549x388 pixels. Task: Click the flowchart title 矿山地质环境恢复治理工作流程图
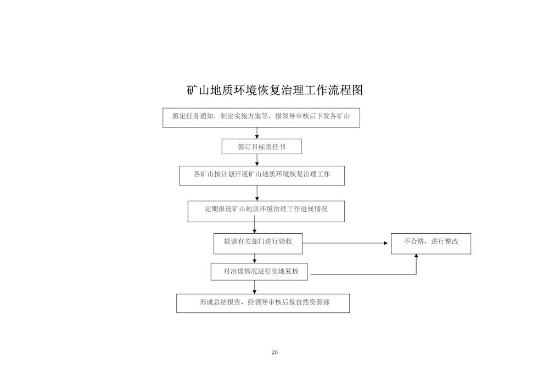pyautogui.click(x=274, y=90)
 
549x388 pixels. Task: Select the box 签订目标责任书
pyautogui.click(x=261, y=147)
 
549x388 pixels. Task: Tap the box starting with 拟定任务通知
pyautogui.click(x=261, y=117)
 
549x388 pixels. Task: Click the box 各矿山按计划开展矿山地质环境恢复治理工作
pyautogui.click(x=262, y=176)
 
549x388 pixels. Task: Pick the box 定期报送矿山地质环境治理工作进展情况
pyautogui.click(x=266, y=211)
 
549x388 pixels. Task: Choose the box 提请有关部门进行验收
pyautogui.click(x=258, y=244)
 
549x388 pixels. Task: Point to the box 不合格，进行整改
pyautogui.click(x=431, y=244)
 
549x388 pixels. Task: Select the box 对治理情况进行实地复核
pyautogui.click(x=259, y=272)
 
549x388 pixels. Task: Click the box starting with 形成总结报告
pyautogui.click(x=263, y=303)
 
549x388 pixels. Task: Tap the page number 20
pyautogui.click(x=274, y=352)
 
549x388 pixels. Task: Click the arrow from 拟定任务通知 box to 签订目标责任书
pyautogui.click(x=257, y=133)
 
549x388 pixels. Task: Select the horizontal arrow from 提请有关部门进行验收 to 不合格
pyautogui.click(x=345, y=243)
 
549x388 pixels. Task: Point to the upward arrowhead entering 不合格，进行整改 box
pyautogui.click(x=416, y=256)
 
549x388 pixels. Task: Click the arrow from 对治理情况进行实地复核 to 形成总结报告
pyautogui.click(x=255, y=287)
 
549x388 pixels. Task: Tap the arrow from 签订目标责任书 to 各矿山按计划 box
pyautogui.click(x=257, y=160)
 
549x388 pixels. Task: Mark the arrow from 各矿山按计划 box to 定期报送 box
pyautogui.click(x=257, y=193)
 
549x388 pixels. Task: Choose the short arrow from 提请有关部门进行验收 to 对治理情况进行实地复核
pyautogui.click(x=255, y=258)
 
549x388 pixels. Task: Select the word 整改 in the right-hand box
pyautogui.click(x=452, y=241)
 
